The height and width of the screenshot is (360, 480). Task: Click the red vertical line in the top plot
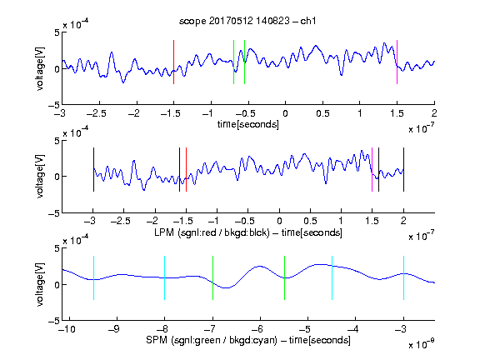[x=173, y=62]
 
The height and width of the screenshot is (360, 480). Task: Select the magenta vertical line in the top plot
[x=397, y=62]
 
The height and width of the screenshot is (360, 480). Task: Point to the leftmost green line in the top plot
[x=233, y=62]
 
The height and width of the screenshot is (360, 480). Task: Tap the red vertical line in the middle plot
[x=186, y=170]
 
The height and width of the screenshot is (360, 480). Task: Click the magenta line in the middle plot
[x=372, y=170]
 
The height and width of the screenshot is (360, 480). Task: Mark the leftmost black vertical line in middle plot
[x=93, y=170]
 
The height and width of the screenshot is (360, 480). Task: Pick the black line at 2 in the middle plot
[x=403, y=170]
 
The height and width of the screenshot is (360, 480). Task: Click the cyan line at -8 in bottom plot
[x=165, y=277]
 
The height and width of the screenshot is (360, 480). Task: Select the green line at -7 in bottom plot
[x=212, y=277]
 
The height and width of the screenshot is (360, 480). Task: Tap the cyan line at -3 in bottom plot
[x=403, y=277]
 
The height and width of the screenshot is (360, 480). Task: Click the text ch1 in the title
[x=308, y=21]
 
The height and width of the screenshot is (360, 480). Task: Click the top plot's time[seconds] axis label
[x=248, y=124]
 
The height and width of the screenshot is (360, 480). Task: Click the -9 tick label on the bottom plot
[x=114, y=329]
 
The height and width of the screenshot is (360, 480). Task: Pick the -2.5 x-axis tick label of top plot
[x=96, y=113]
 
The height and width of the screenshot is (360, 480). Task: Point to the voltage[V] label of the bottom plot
[x=40, y=284]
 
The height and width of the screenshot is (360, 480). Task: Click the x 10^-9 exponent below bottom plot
[x=422, y=343]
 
